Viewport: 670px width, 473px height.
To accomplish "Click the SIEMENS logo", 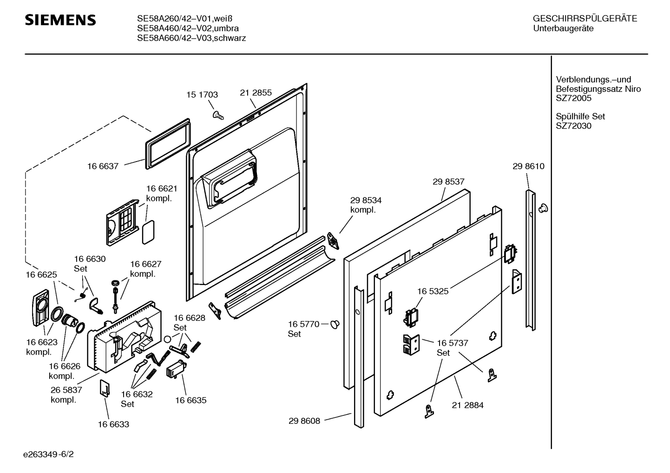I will pyautogui.click(x=60, y=20).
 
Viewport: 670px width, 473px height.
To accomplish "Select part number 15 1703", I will pyautogui.click(x=202, y=95).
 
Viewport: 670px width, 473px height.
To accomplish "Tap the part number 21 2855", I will pyautogui.click(x=256, y=93).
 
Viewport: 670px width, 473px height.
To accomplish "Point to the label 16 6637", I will pyautogui.click(x=103, y=166).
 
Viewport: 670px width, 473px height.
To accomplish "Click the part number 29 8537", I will pyautogui.click(x=448, y=182).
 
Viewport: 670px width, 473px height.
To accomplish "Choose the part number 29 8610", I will pyautogui.click(x=528, y=166).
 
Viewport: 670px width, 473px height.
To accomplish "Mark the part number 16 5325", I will pyautogui.click(x=433, y=292).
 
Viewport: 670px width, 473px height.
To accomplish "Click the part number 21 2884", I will pyautogui.click(x=467, y=405).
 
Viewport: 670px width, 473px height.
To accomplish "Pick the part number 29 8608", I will pyautogui.click(x=304, y=421).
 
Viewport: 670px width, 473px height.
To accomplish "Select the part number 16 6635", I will pyautogui.click(x=190, y=400).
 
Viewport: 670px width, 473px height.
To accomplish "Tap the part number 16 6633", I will pyautogui.click(x=113, y=424).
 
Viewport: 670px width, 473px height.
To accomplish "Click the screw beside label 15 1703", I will pyautogui.click(x=217, y=114).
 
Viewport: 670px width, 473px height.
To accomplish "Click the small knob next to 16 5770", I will pyautogui.click(x=335, y=325).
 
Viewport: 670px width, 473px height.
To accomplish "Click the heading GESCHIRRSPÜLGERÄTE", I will pyautogui.click(x=585, y=19).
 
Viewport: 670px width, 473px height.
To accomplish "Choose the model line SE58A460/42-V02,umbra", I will pyautogui.click(x=188, y=28).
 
